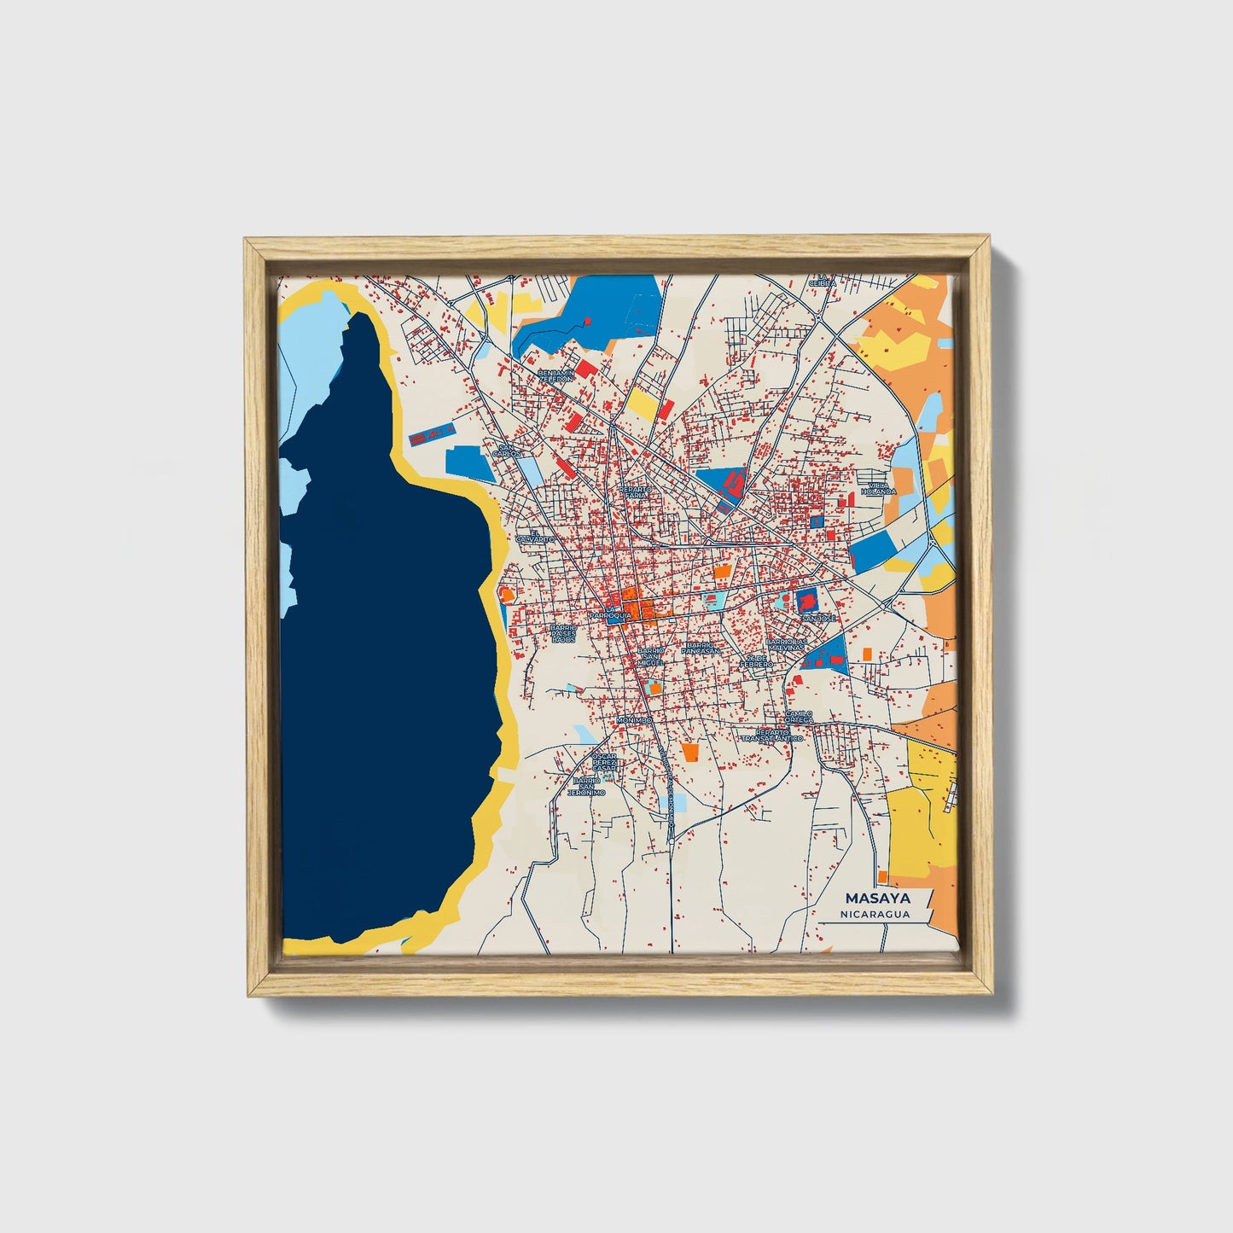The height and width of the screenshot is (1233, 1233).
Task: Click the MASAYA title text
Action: coord(877,899)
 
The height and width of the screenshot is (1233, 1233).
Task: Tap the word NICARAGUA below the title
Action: coord(874,914)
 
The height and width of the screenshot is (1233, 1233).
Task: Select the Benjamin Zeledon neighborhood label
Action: coord(556,376)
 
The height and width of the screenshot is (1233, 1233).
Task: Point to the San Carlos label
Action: coord(508,450)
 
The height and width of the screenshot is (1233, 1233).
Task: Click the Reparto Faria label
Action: coord(637,492)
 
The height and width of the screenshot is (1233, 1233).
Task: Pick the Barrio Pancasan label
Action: coord(701,648)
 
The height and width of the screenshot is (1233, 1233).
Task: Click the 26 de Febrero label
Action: coord(756,661)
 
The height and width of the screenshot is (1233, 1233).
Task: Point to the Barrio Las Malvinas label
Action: coord(785,644)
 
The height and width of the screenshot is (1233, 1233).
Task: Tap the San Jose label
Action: coord(819,617)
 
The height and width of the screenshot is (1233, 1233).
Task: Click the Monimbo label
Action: coord(634,720)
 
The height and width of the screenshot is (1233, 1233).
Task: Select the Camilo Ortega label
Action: coord(799,717)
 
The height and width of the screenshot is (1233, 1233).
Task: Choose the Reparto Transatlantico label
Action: coord(772,735)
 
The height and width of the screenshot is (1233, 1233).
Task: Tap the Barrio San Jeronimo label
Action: coord(587,786)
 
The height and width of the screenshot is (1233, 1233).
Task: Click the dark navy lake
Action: coord(384,683)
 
